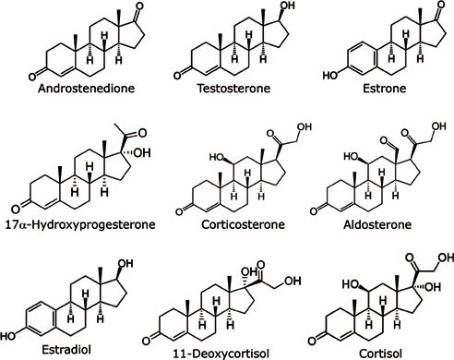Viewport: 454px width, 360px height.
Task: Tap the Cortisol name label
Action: (378, 350)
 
